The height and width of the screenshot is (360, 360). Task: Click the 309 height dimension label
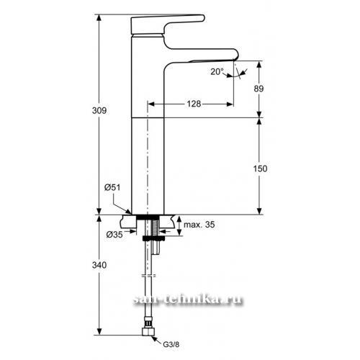coord(99,110)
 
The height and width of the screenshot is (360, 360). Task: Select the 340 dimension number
coord(99,265)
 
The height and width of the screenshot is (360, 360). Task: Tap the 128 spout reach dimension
coord(194,104)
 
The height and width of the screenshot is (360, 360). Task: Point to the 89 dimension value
coord(258,89)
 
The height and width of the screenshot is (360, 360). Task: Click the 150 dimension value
coord(260,168)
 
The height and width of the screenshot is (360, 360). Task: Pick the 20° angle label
coord(217,71)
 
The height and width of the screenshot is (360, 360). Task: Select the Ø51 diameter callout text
coord(112,187)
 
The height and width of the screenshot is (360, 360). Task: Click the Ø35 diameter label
coord(114,235)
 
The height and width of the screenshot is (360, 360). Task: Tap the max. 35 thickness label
coord(199,225)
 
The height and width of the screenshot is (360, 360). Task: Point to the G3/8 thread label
coord(171,345)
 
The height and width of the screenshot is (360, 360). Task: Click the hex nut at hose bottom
coord(148,331)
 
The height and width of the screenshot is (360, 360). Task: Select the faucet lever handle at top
coord(168,24)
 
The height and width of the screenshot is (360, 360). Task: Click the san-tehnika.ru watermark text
coord(188,300)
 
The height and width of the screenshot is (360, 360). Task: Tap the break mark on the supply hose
coord(148,276)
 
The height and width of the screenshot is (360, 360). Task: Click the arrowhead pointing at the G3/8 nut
coord(153,338)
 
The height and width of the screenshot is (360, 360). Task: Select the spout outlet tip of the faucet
coord(235,60)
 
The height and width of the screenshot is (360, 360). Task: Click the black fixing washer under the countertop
coord(153,238)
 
